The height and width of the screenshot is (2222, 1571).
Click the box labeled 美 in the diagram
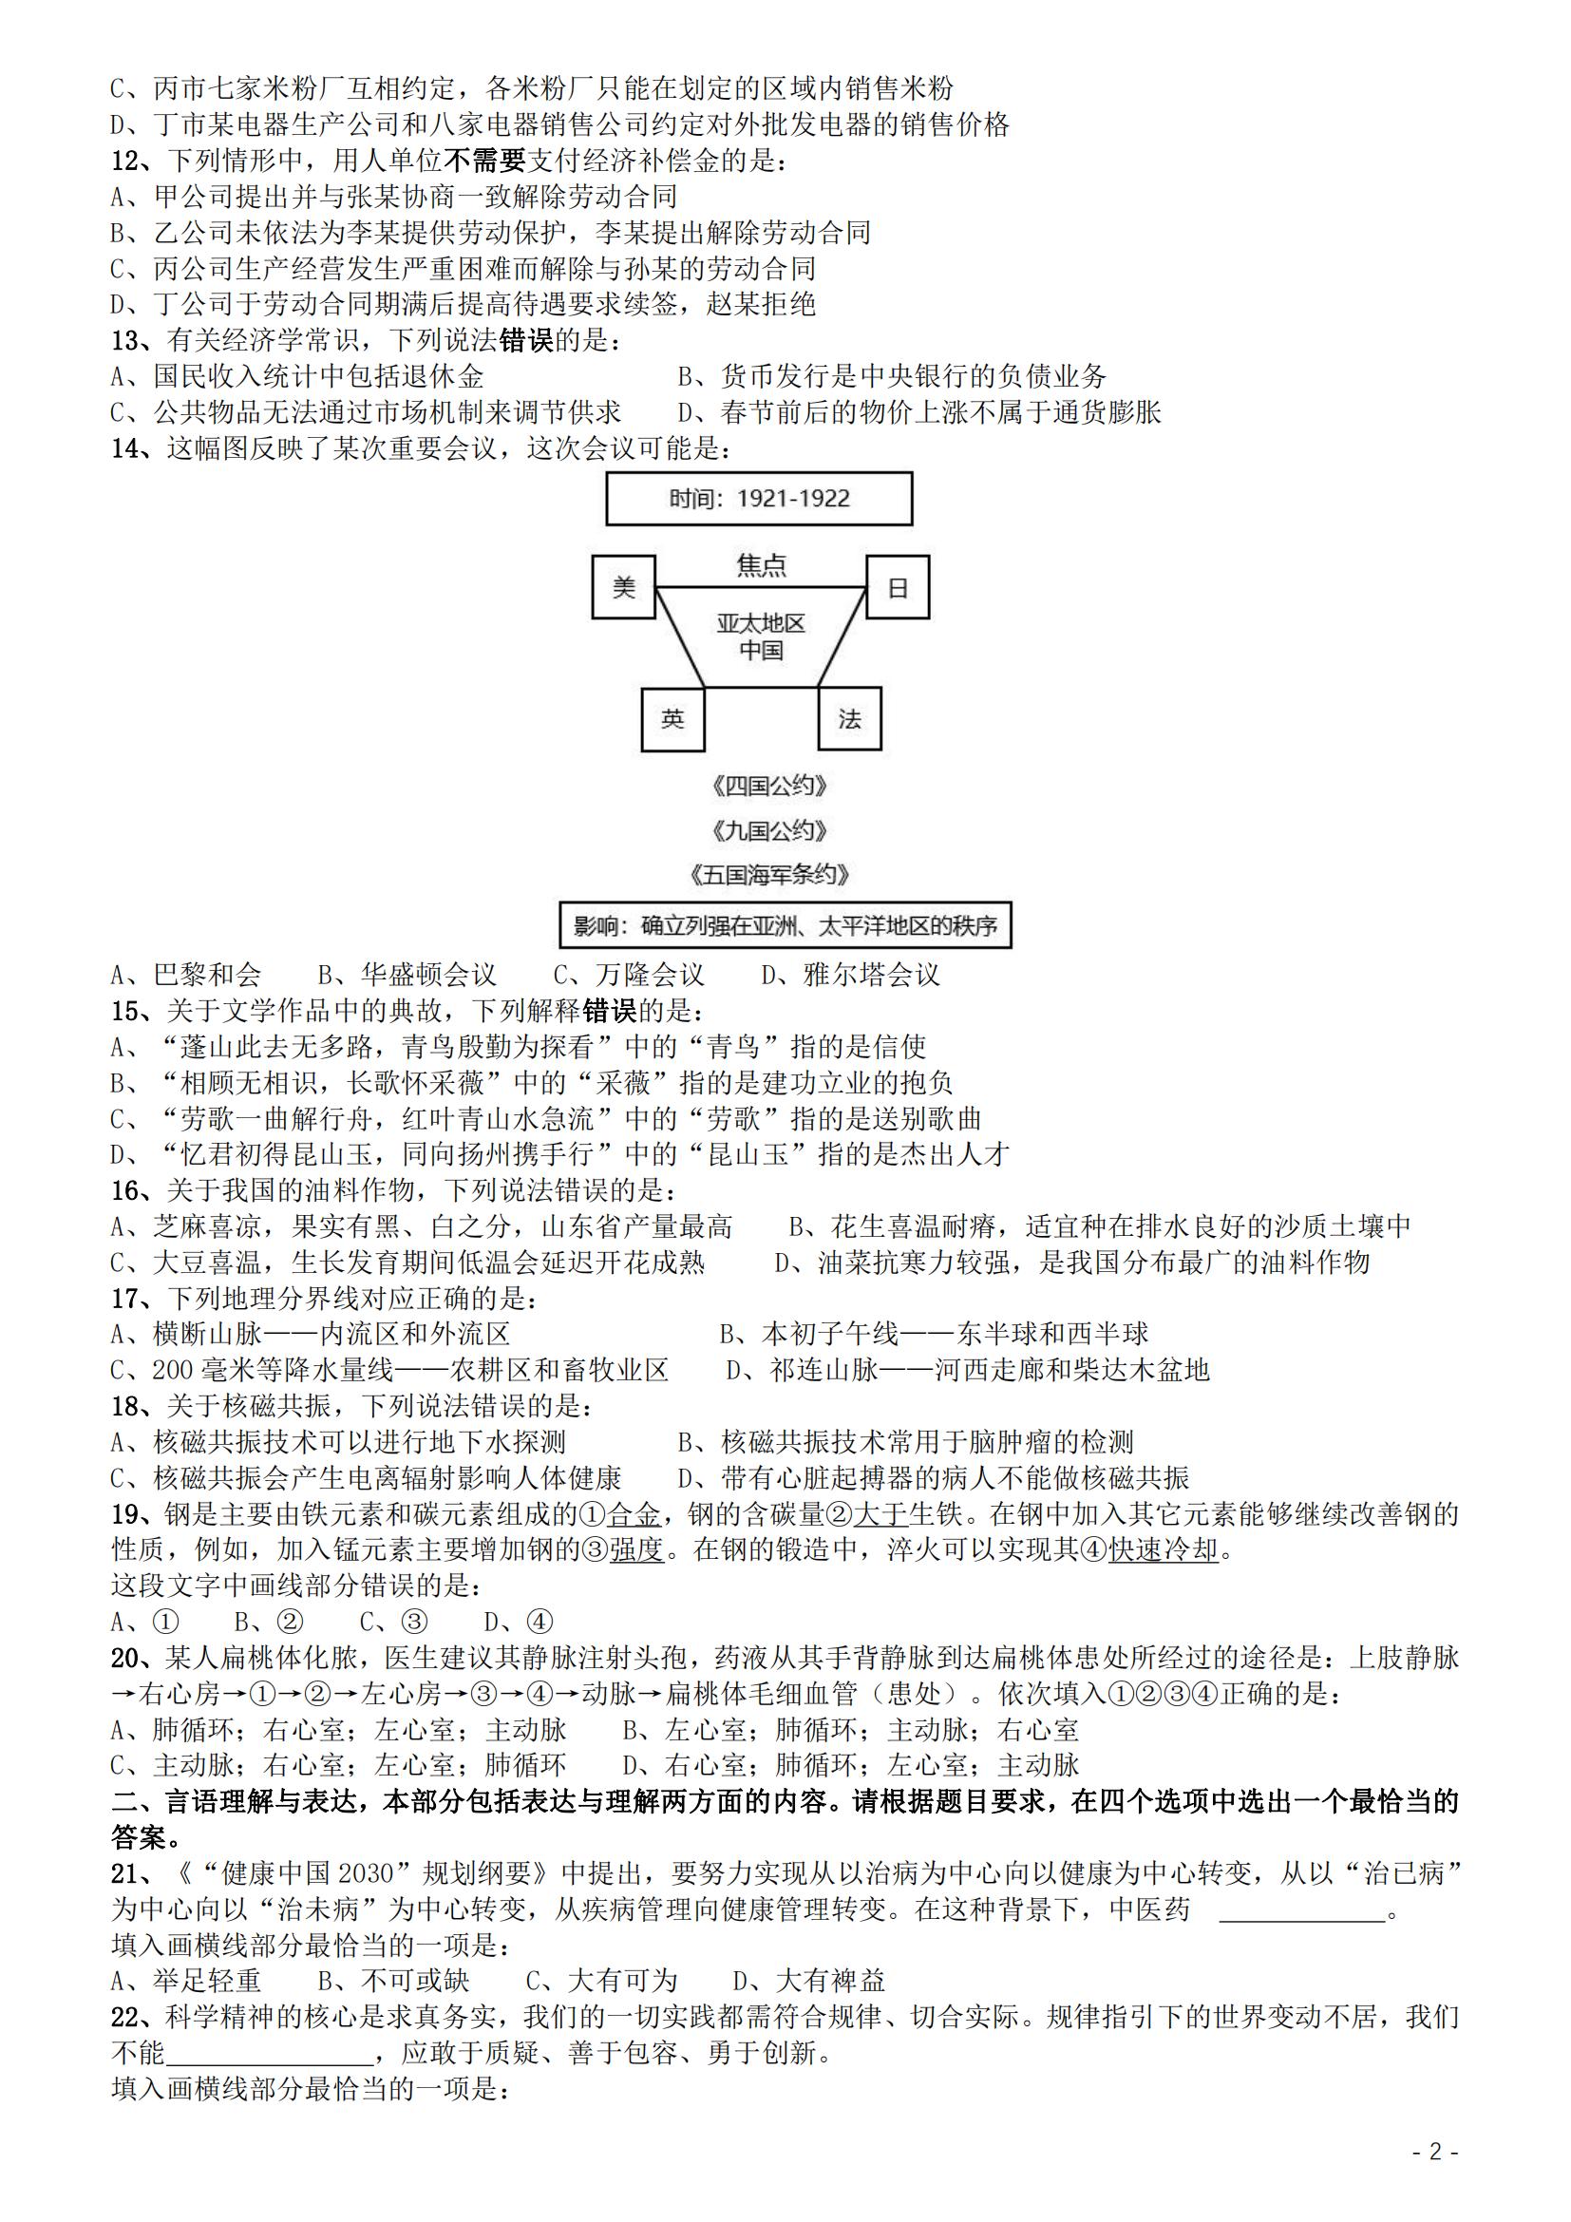click(x=623, y=586)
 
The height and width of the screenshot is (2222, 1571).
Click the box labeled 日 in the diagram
click(x=897, y=586)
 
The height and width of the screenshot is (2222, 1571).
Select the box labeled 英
click(x=672, y=718)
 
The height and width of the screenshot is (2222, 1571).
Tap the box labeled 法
click(x=848, y=718)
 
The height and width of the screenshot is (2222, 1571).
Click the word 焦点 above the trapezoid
click(x=762, y=565)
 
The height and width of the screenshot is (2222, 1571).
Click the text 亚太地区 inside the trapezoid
click(x=762, y=623)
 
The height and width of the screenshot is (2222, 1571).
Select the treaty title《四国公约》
click(x=769, y=786)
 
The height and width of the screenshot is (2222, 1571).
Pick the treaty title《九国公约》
click(x=769, y=830)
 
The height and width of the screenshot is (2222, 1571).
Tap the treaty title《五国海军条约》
click(x=769, y=875)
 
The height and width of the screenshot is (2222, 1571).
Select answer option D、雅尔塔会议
click(x=849, y=975)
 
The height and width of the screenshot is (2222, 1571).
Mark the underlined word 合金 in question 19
click(x=634, y=1513)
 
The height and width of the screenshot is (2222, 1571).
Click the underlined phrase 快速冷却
click(x=1163, y=1549)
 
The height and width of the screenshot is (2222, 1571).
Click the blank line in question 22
click(x=269, y=2054)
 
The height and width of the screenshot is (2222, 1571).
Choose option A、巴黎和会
click(x=186, y=975)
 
